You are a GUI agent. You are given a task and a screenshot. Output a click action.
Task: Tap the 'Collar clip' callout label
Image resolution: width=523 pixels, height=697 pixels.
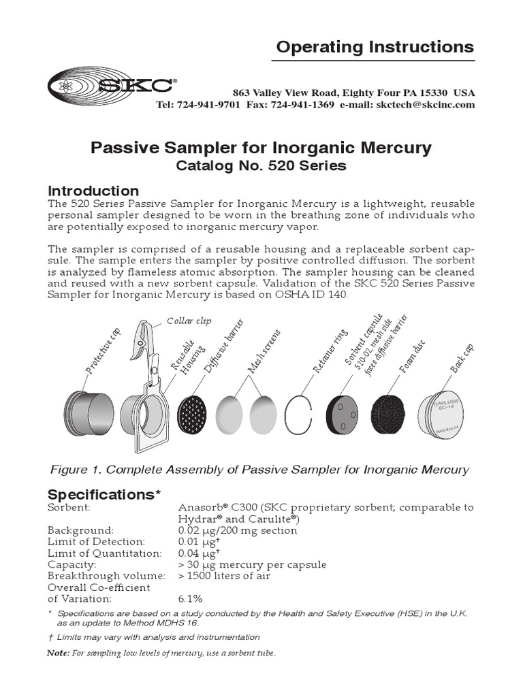[x=185, y=320]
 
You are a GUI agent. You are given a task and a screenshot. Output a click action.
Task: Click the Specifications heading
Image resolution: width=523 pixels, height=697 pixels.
[x=103, y=494]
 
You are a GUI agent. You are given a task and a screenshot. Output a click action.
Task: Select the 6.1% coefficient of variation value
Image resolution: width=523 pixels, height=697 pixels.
[x=190, y=598]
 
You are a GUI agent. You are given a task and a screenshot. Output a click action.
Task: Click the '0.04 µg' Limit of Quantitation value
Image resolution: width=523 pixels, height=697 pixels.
[x=194, y=553]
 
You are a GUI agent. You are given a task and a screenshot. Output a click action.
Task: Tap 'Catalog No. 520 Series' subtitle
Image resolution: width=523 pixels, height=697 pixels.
[x=261, y=165]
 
